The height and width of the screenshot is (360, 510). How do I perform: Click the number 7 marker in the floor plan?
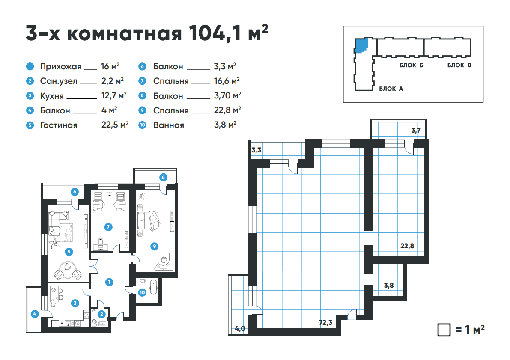(x=108, y=227)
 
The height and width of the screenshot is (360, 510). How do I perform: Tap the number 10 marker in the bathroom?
(x=142, y=292)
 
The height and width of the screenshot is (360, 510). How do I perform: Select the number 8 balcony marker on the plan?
(x=163, y=177)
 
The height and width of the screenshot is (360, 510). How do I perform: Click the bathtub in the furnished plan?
(x=154, y=287)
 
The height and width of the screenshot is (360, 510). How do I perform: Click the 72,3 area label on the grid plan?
(x=325, y=322)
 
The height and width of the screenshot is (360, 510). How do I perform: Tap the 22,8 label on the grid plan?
(x=407, y=246)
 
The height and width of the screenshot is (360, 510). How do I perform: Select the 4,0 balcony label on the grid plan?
(x=240, y=329)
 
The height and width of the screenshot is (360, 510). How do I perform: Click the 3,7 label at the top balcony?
(x=416, y=131)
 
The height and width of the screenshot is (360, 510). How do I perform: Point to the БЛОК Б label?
(x=412, y=65)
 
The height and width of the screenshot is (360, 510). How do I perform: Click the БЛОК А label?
(x=391, y=89)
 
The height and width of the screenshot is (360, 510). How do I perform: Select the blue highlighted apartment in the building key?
(x=361, y=45)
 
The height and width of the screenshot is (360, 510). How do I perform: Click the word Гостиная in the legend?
(x=59, y=125)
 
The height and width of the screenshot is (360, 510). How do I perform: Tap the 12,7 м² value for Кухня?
(x=114, y=95)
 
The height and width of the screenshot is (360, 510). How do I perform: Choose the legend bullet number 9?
(x=142, y=110)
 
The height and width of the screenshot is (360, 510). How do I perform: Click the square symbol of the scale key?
(x=444, y=330)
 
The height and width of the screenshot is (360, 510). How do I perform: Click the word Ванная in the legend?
(x=168, y=125)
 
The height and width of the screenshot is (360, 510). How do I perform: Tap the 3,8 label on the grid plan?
(x=389, y=285)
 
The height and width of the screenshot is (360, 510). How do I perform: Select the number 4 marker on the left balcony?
(x=35, y=314)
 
